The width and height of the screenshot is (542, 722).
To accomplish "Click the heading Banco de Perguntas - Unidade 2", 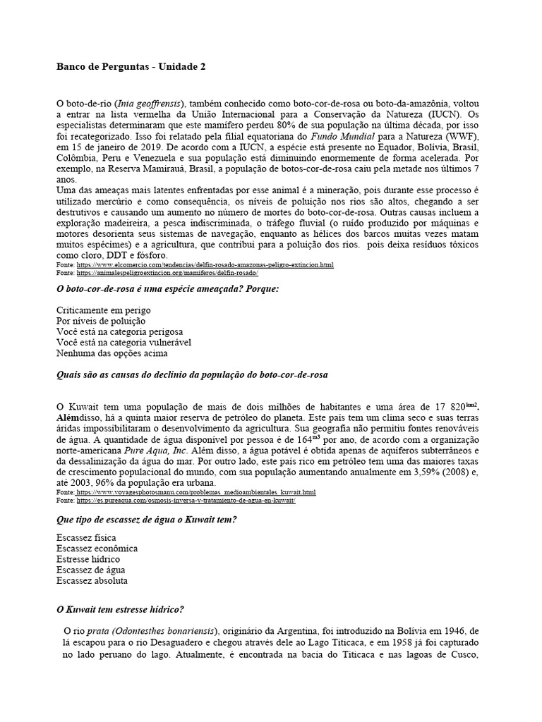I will tap(131, 66).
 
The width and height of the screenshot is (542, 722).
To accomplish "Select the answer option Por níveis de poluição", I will tap(98, 321).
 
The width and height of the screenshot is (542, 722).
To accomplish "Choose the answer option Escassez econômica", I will tap(97, 549).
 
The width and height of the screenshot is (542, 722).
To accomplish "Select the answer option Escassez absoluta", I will tap(92, 580).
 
